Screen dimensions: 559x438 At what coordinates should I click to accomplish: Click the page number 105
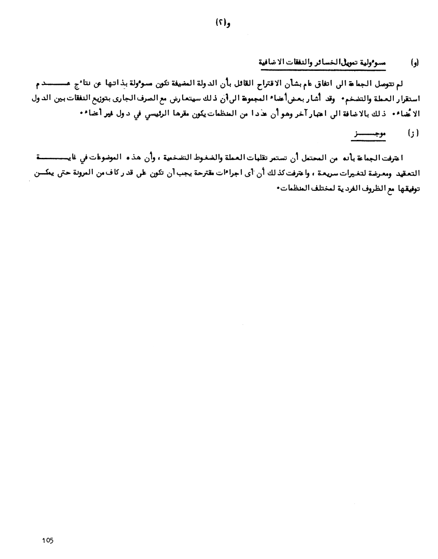coord(48,541)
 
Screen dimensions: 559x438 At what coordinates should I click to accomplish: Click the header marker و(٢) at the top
coord(223,22)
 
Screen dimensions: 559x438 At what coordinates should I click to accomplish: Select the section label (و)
coord(413,63)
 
